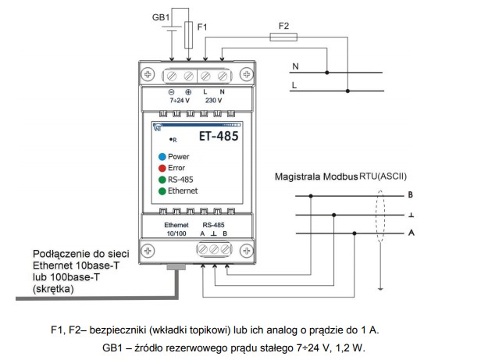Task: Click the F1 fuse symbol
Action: click(191, 36)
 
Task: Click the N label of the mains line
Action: click(294, 66)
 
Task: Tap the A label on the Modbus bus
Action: click(410, 232)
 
